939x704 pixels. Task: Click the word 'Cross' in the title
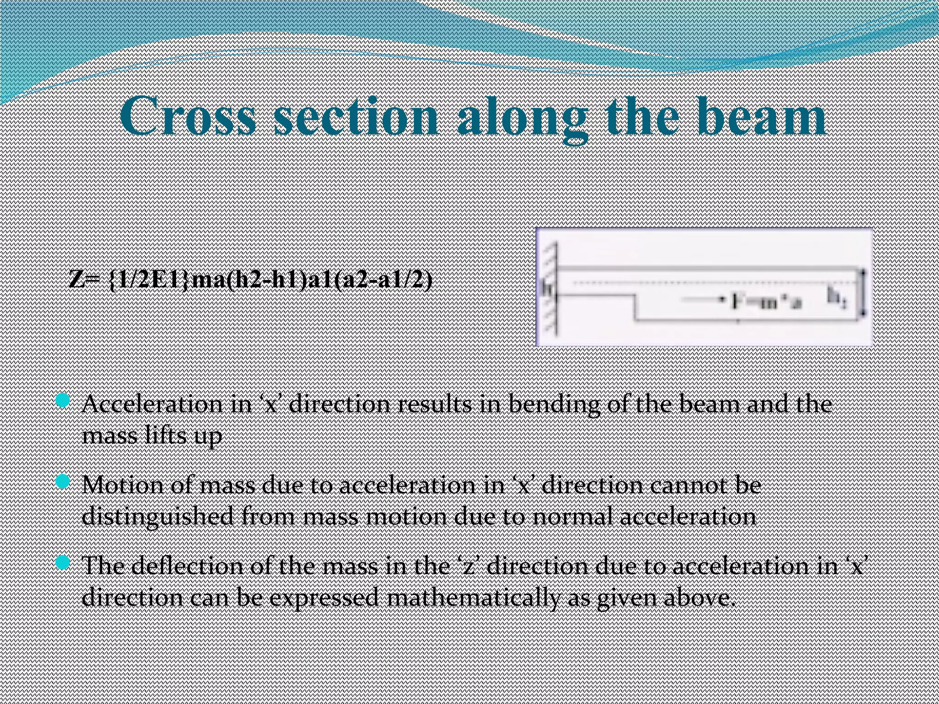coord(188,117)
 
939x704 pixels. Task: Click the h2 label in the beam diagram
coord(836,298)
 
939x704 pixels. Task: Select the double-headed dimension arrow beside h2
coord(863,293)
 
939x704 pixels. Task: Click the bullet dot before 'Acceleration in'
coord(62,401)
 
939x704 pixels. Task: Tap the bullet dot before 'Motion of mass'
coord(62,482)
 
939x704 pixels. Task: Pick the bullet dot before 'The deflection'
coord(62,563)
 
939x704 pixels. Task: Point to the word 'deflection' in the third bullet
coord(188,566)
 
